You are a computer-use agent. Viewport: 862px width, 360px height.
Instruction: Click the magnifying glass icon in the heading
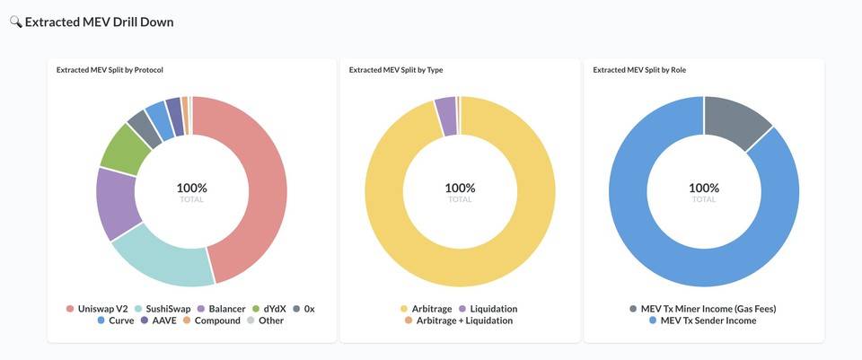(x=15, y=22)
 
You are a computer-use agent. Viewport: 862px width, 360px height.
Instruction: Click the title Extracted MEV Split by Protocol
(x=110, y=69)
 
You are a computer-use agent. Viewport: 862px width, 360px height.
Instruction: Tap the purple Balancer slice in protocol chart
(x=114, y=202)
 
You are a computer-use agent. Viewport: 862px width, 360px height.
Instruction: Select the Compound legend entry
(x=211, y=320)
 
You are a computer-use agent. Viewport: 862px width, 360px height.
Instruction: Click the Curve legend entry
(x=115, y=320)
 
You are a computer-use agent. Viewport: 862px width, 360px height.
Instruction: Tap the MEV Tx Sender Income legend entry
(x=702, y=320)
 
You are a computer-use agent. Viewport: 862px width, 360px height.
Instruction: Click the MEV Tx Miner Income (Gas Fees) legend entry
(x=702, y=309)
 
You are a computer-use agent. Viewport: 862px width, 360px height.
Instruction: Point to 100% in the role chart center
(x=704, y=188)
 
